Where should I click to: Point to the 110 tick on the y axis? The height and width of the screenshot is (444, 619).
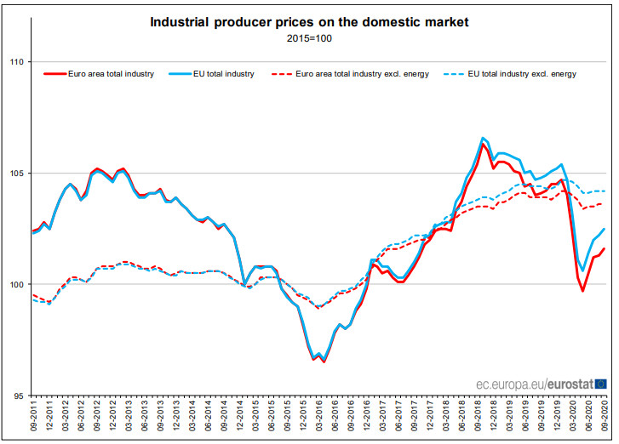[x=16, y=62]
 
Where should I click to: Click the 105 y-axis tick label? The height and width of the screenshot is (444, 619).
[x=16, y=174]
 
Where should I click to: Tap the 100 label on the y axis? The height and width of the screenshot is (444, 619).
[x=16, y=284]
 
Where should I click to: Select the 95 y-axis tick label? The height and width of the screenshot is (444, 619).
[x=18, y=396]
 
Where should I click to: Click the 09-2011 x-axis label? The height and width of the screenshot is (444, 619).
[x=34, y=418]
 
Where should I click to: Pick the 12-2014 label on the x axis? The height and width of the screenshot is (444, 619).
[x=240, y=418]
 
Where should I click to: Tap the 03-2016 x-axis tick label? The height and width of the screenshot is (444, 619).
[x=319, y=418]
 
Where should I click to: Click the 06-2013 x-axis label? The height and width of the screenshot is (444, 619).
[x=145, y=418]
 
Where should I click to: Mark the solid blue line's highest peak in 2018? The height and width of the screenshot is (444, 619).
[x=483, y=138]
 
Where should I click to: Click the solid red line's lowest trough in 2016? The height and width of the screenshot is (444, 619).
[x=324, y=361]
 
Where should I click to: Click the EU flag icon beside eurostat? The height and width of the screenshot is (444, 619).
[x=601, y=384]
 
